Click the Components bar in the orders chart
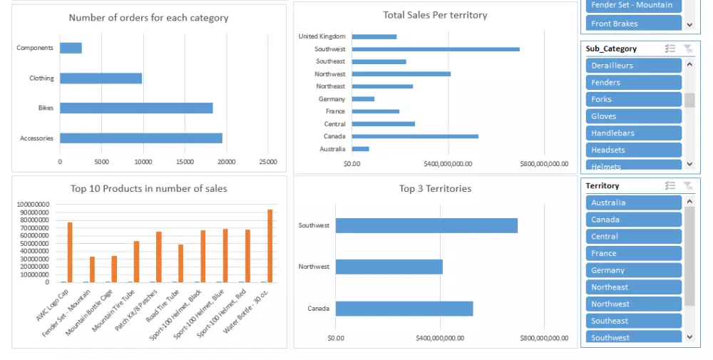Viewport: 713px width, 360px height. (71, 48)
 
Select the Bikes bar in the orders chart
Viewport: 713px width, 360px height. (136, 108)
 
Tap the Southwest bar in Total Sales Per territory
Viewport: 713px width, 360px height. (435, 49)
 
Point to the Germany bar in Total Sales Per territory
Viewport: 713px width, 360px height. (363, 99)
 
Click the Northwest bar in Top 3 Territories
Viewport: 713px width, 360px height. (389, 267)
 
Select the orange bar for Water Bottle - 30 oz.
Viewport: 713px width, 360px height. (270, 245)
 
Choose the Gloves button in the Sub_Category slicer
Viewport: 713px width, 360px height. (633, 116)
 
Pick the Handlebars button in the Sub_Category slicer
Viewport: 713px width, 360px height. (633, 133)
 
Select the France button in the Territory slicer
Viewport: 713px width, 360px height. (633, 253)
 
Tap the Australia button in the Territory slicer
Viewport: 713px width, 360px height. (633, 202)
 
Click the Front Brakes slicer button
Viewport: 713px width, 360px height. (633, 24)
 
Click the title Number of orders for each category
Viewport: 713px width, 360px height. (148, 18)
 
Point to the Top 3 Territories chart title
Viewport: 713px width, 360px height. (435, 189)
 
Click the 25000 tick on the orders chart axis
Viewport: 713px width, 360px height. (268, 162)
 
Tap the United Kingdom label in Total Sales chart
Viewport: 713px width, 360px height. (322, 36)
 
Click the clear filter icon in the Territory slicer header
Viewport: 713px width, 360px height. (687, 186)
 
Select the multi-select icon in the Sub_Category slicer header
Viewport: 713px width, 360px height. (670, 48)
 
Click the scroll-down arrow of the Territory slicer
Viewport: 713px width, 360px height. (689, 336)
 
